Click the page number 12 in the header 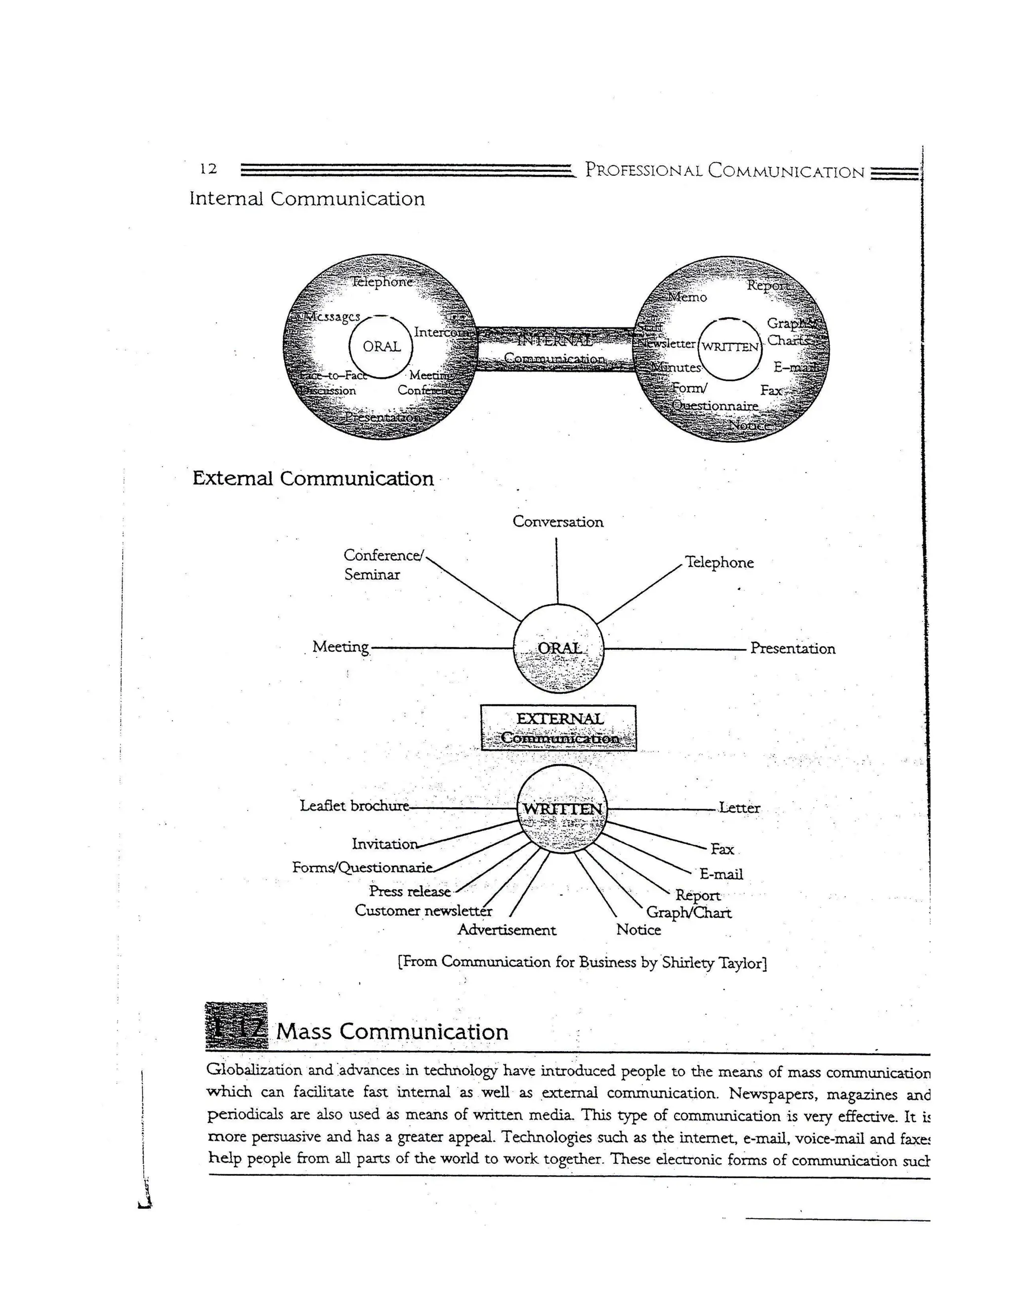pos(208,169)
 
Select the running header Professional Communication pos(724,171)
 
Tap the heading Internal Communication pos(307,199)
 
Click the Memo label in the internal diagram pos(688,297)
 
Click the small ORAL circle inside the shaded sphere pos(381,346)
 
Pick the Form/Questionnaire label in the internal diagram pos(714,397)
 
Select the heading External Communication pos(313,478)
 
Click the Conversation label pos(557,522)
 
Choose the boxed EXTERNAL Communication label pos(559,728)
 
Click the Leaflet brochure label pos(354,806)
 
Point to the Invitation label pos(384,844)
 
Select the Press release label pos(410,891)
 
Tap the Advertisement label pos(506,930)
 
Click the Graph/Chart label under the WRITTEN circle pos(688,913)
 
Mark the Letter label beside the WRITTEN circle pos(739,808)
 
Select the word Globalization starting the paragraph pos(253,1070)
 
